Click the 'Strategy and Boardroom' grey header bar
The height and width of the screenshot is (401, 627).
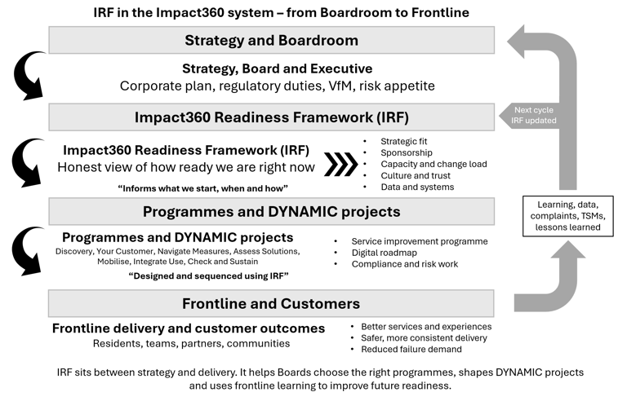click(271, 41)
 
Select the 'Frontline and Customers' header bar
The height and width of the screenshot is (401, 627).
click(271, 303)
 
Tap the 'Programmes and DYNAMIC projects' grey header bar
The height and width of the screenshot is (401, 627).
click(271, 212)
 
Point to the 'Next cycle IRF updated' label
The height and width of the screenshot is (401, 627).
click(535, 115)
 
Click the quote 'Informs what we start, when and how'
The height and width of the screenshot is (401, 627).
click(202, 188)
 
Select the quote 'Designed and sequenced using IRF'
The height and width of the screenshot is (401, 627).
click(209, 276)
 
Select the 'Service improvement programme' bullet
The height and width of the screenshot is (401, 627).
click(419, 241)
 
